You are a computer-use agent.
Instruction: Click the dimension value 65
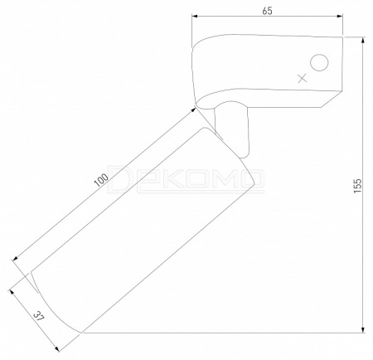pos(267,11)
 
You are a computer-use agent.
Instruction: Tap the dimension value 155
pos(357,186)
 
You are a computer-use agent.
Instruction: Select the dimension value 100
pos(101,180)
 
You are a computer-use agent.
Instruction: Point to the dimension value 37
pos(38,316)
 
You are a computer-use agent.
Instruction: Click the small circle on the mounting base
pos(319,62)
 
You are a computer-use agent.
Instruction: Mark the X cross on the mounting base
pos(303,78)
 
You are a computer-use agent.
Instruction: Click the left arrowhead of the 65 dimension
pos(195,17)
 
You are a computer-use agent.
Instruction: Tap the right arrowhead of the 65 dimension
pos(340,17)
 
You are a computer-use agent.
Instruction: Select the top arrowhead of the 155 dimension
pos(363,41)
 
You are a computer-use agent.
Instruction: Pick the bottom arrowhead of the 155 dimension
pos(363,329)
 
